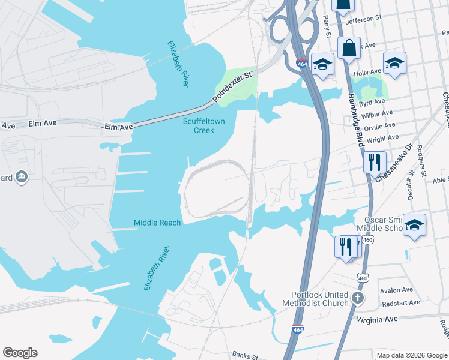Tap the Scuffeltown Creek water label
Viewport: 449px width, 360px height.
pyautogui.click(x=198, y=125)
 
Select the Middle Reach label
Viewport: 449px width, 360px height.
pyautogui.click(x=157, y=223)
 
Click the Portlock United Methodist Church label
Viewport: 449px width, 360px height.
pyautogui.click(x=319, y=299)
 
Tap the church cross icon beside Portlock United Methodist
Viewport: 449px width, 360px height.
pyautogui.click(x=358, y=298)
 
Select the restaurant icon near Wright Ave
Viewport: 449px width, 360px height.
pyautogui.click(x=372, y=161)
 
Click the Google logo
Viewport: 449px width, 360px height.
pyautogui.click(x=20, y=352)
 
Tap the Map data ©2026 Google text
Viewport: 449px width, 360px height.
pyautogui.click(x=412, y=355)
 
